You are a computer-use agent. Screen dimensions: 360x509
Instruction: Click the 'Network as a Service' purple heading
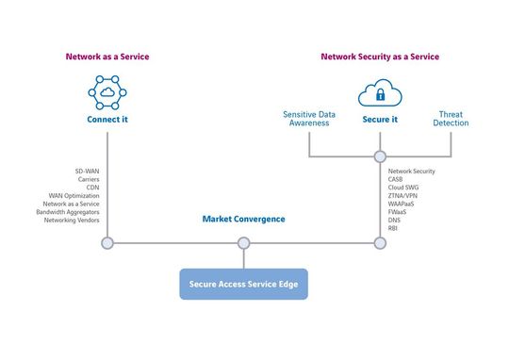click(x=107, y=57)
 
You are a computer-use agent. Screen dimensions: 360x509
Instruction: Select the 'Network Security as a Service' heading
click(x=379, y=57)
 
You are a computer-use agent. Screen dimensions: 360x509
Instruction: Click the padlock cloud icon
click(x=379, y=93)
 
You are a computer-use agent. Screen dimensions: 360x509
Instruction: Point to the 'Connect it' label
click(x=107, y=121)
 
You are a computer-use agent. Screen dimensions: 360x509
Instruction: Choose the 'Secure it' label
click(x=379, y=121)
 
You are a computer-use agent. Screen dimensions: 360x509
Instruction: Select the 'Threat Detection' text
click(x=452, y=119)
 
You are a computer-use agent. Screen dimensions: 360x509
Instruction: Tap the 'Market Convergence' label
click(x=243, y=219)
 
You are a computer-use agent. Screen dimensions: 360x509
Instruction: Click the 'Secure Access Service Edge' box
click(x=243, y=284)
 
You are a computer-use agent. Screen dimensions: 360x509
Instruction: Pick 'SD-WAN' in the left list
click(x=88, y=172)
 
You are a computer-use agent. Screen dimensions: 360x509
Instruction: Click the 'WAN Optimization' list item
click(x=74, y=196)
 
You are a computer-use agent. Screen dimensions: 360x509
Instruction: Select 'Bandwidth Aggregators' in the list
click(x=73, y=212)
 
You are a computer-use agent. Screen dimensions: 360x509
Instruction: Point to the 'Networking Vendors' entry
click(x=73, y=221)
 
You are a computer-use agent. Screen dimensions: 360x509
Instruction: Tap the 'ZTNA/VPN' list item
click(x=403, y=196)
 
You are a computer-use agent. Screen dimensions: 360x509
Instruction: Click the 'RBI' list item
click(x=393, y=228)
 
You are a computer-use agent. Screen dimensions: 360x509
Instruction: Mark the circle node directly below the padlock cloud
click(x=380, y=155)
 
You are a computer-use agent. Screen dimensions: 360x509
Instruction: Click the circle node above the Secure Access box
click(x=243, y=243)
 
